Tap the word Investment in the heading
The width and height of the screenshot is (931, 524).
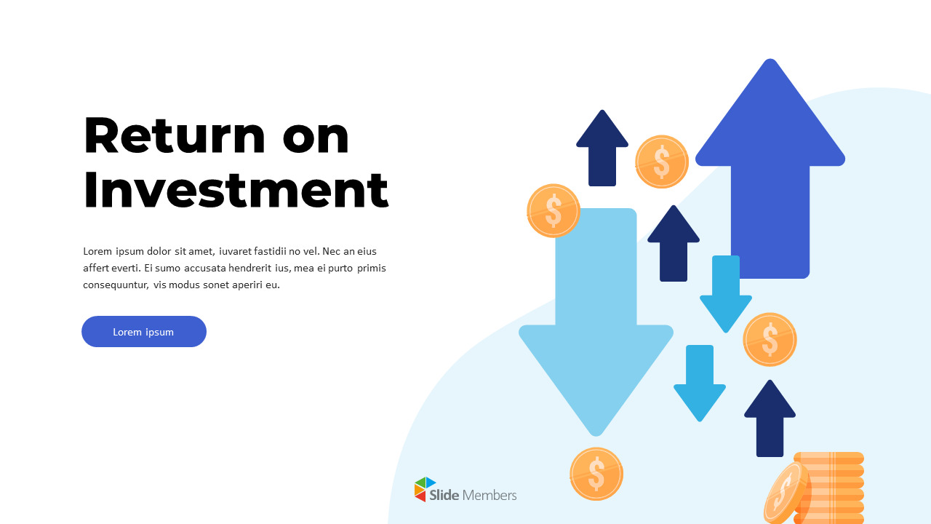pyautogui.click(x=236, y=191)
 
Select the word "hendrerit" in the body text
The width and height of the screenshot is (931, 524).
pyautogui.click(x=241, y=268)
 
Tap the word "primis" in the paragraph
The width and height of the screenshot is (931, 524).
pyautogui.click(x=372, y=268)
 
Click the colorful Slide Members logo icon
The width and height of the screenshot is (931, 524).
pyautogui.click(x=425, y=490)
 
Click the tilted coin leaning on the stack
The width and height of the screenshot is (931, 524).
pyautogui.click(x=786, y=493)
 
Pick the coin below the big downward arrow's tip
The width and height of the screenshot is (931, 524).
pyautogui.click(x=596, y=474)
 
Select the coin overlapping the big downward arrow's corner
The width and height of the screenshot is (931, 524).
pyautogui.click(x=554, y=210)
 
